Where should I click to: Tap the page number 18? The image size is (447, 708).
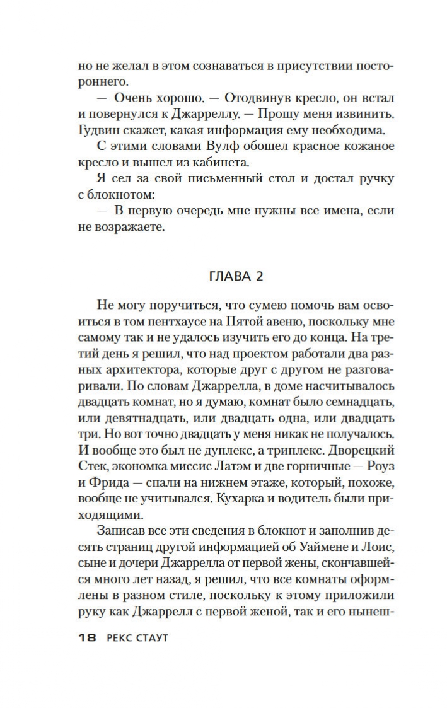coord(86,638)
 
